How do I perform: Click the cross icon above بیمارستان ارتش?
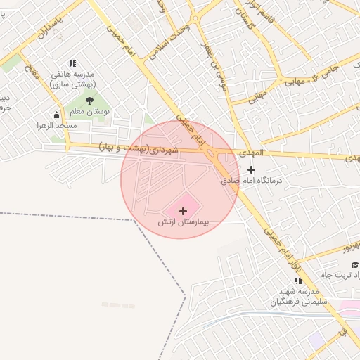point(184,210)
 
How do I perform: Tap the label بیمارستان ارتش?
point(184,222)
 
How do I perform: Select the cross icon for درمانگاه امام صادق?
point(252,169)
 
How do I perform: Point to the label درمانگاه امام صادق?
point(252,181)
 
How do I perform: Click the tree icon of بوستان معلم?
point(89,101)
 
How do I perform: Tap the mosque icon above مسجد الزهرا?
point(56,115)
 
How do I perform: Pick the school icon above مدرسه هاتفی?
point(72,63)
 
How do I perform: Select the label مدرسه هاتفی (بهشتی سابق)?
point(73,79)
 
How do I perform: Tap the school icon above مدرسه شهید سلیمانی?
point(299,281)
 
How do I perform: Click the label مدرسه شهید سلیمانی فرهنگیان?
point(295,296)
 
